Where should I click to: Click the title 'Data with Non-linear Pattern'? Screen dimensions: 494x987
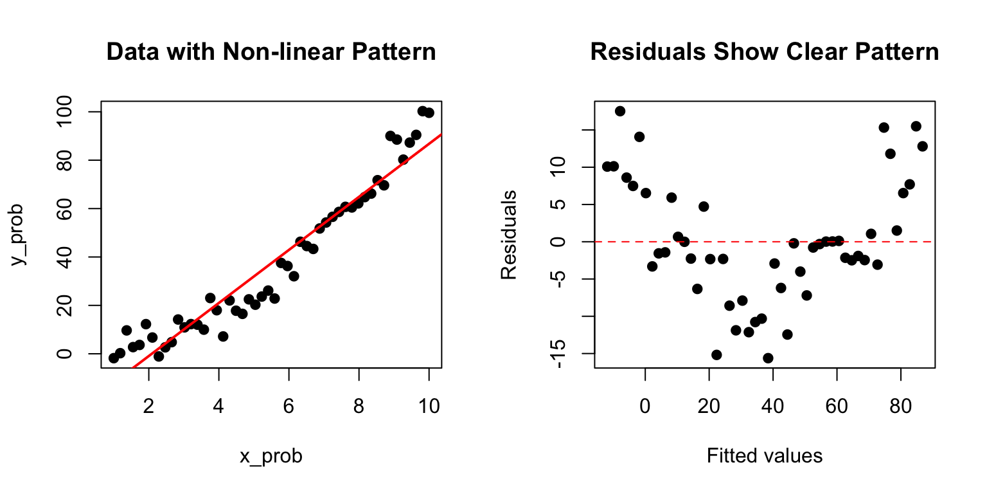271,52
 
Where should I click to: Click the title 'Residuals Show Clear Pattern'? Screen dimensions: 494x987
765,52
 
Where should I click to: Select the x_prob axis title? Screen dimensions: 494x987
271,456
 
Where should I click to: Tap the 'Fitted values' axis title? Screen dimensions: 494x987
765,456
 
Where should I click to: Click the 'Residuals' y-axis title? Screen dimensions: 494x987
509,235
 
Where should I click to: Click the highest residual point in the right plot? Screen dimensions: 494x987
620,111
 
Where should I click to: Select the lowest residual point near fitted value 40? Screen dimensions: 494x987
768,358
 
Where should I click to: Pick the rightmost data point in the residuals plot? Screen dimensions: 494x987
922,146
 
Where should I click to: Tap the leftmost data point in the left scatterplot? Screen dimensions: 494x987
114,358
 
